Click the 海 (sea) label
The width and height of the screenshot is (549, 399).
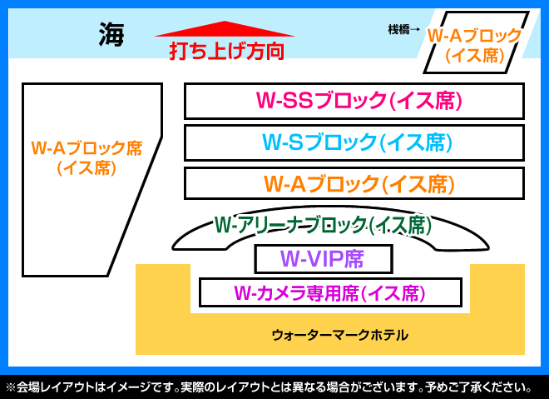111,34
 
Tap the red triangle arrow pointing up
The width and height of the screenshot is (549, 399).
225,29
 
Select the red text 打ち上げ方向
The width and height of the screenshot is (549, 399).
226,51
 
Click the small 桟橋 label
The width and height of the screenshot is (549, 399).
398,29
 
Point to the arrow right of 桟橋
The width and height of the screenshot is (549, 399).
415,29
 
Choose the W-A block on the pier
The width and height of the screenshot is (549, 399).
476,42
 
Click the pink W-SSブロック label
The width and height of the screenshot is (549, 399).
359,100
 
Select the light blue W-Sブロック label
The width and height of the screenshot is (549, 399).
358,142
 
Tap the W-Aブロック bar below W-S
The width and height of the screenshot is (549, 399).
354,183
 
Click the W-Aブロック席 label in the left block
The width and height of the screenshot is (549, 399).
87,148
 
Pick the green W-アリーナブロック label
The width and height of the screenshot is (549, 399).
323,225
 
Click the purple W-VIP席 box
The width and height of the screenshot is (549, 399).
324,259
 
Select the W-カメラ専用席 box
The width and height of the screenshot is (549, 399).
330,292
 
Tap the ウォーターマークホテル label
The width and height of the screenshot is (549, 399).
340,335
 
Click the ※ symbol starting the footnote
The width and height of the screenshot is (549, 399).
11,387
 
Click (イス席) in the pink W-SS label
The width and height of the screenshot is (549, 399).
426,101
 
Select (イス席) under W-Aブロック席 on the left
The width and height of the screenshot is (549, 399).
87,167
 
